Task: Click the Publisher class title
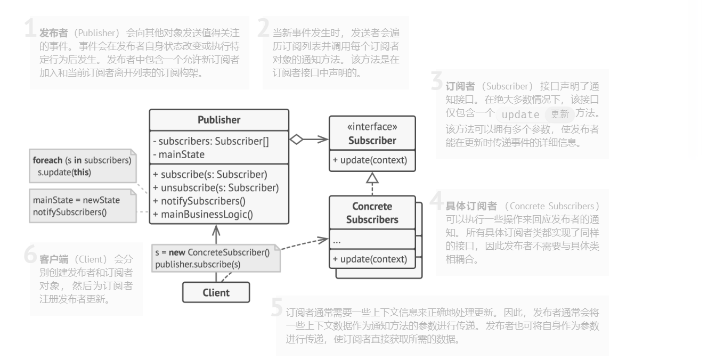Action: click(219, 120)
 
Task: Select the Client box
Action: click(216, 292)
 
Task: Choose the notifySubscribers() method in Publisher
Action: click(202, 201)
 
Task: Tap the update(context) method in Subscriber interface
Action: click(370, 160)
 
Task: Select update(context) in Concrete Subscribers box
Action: click(370, 259)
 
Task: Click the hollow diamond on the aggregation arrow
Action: click(296, 140)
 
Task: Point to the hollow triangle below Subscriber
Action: click(372, 178)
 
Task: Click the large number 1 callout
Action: click(30, 29)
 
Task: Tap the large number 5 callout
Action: click(277, 307)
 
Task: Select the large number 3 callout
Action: click(437, 81)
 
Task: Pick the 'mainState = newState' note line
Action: click(76, 200)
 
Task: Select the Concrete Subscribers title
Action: click(372, 212)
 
